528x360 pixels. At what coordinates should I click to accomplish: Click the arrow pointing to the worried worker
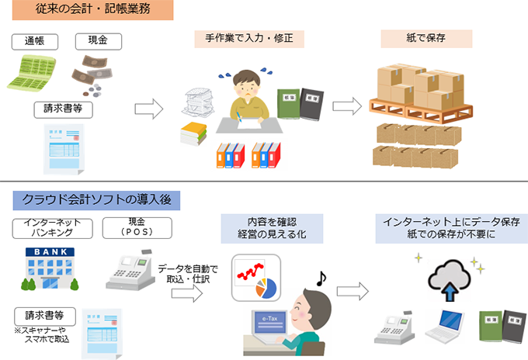149,108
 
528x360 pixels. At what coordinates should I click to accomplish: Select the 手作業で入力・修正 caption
249,38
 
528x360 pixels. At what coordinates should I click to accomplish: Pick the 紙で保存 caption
426,39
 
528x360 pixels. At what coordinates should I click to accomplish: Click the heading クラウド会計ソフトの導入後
97,201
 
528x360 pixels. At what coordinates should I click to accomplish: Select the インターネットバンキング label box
54,227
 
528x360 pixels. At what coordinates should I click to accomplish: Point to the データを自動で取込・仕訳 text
187,274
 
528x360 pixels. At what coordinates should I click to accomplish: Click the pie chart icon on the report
264,288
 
